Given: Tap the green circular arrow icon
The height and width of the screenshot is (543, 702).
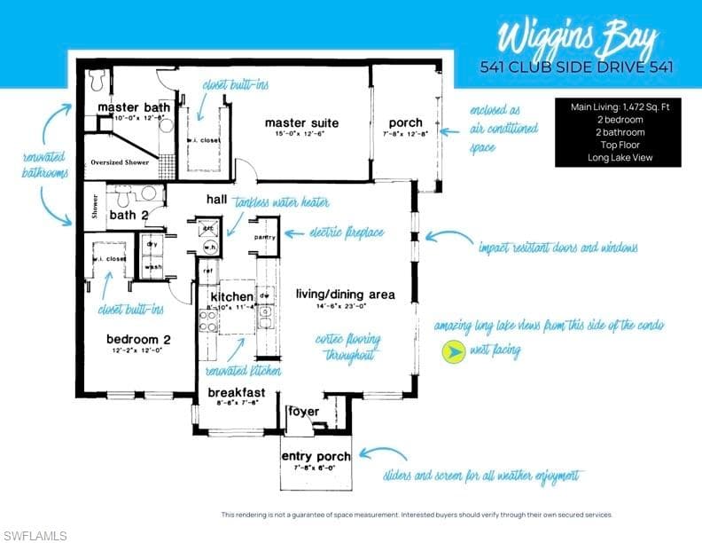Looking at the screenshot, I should [453, 352].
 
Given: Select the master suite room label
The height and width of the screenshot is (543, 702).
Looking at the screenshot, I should [301, 122].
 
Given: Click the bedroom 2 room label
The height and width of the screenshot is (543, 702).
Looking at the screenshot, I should [137, 339].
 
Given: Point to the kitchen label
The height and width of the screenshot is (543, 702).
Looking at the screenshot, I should [232, 296].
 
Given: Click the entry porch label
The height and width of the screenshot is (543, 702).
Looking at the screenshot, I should [316, 457].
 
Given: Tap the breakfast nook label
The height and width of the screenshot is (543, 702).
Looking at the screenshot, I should [237, 392].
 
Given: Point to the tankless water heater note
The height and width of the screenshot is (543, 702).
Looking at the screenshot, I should [282, 202].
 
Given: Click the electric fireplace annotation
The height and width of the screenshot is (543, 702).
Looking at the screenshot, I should [347, 233].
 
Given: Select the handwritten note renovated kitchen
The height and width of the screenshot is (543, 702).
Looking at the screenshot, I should [244, 371].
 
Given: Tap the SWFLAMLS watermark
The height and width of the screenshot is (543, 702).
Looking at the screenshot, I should [35, 534].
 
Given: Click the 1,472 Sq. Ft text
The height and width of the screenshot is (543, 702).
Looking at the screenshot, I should [643, 106].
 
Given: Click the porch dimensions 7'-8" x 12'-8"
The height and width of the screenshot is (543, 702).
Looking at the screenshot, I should [405, 134].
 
